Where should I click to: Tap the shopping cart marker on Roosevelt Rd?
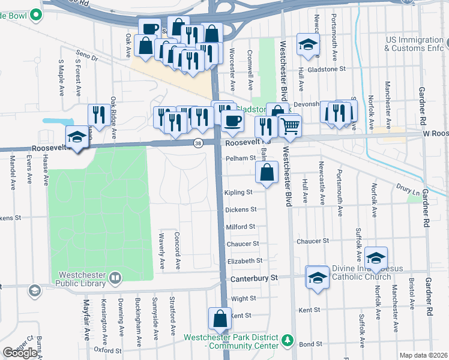[x=290, y=126]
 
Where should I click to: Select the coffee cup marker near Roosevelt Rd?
[x=232, y=121]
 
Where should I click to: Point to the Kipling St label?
[x=238, y=193]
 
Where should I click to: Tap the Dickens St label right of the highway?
[x=241, y=209]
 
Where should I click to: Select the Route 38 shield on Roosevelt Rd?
[x=197, y=143]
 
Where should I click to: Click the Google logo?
[x=19, y=353]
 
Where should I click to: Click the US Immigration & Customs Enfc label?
[x=417, y=43]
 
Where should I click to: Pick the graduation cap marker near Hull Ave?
[x=308, y=44]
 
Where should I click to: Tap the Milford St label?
[x=241, y=227]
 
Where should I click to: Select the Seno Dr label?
[x=87, y=57]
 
